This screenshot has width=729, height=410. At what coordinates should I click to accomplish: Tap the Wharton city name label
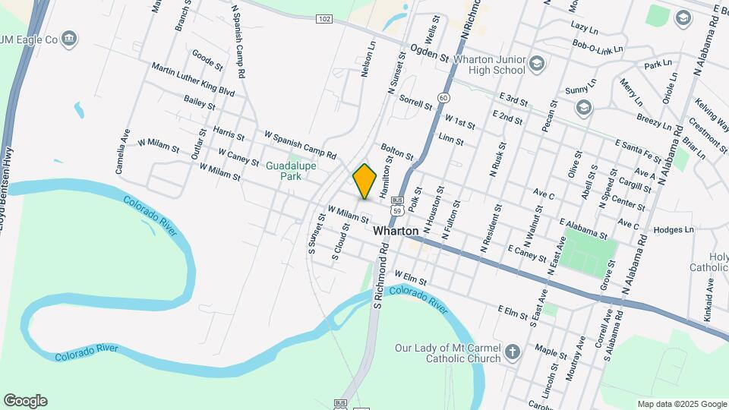[x=395, y=230]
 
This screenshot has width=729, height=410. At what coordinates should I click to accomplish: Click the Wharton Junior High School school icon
[x=538, y=62]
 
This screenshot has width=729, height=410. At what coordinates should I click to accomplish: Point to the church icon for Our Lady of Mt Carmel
[x=513, y=352]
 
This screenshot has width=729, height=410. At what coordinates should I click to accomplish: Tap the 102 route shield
[x=324, y=18]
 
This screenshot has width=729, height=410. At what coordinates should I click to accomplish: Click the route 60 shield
[x=443, y=98]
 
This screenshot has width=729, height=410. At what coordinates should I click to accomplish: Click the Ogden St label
[x=431, y=52]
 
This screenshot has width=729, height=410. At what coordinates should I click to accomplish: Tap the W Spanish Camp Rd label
[x=300, y=144]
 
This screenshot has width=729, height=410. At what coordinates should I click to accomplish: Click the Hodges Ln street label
[x=674, y=229]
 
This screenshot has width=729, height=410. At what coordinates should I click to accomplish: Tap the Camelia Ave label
[x=122, y=151]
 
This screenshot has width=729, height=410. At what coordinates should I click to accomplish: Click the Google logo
[x=25, y=400]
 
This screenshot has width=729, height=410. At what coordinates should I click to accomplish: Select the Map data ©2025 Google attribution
[x=681, y=404]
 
